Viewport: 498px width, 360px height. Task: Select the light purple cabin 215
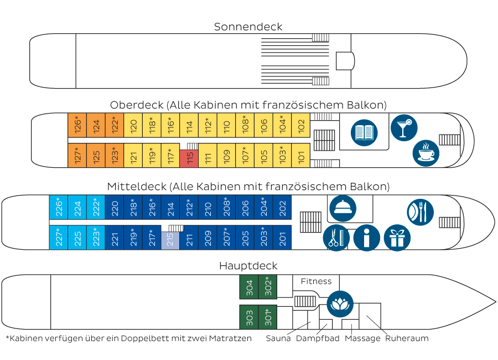[170, 240]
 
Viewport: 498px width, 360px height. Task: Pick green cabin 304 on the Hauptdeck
[248, 287]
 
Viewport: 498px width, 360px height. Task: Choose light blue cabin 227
[59, 238]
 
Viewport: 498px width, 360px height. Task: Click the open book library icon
[364, 133]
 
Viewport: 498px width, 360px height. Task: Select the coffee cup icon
[426, 153]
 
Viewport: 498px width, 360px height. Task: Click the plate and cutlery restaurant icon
[420, 212]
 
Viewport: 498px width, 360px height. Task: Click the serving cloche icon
[342, 209]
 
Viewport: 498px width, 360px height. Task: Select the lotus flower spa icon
[340, 304]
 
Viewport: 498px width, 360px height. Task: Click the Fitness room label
[316, 282]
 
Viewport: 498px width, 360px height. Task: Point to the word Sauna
[278, 338]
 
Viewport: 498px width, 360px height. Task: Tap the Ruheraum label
[407, 338]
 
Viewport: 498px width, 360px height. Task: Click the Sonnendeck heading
[248, 27]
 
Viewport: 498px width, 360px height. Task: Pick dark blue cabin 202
[282, 208]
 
